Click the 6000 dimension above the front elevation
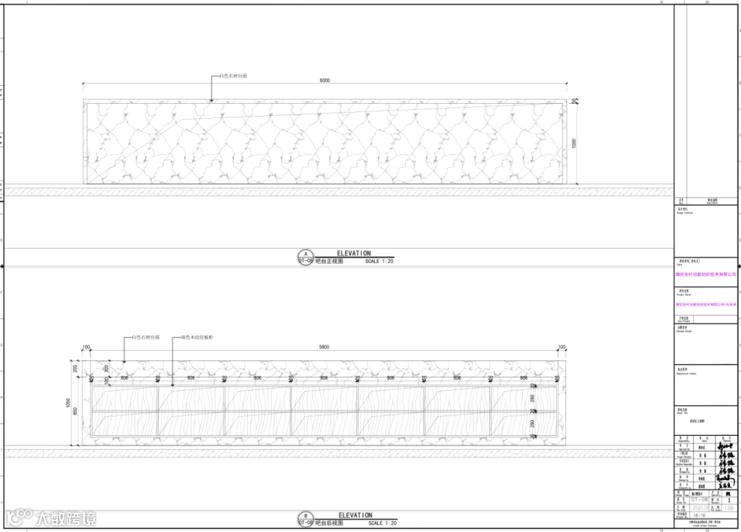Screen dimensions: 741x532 tap(325, 80)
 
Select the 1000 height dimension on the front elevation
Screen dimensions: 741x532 tap(574, 143)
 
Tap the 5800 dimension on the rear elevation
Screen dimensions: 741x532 tap(324, 347)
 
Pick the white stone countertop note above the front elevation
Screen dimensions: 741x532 tap(233, 76)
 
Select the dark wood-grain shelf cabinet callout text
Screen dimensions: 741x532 tap(198, 338)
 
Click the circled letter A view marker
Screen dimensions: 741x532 tap(305, 253)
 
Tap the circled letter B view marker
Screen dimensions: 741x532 tap(305, 516)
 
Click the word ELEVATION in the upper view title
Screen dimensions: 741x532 tap(353, 253)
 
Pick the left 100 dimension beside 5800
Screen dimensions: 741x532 tap(86, 347)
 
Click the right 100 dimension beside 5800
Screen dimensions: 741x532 tap(561, 347)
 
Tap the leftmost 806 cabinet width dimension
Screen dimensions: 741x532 tap(124, 378)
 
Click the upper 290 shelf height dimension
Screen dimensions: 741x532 tap(532, 397)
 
